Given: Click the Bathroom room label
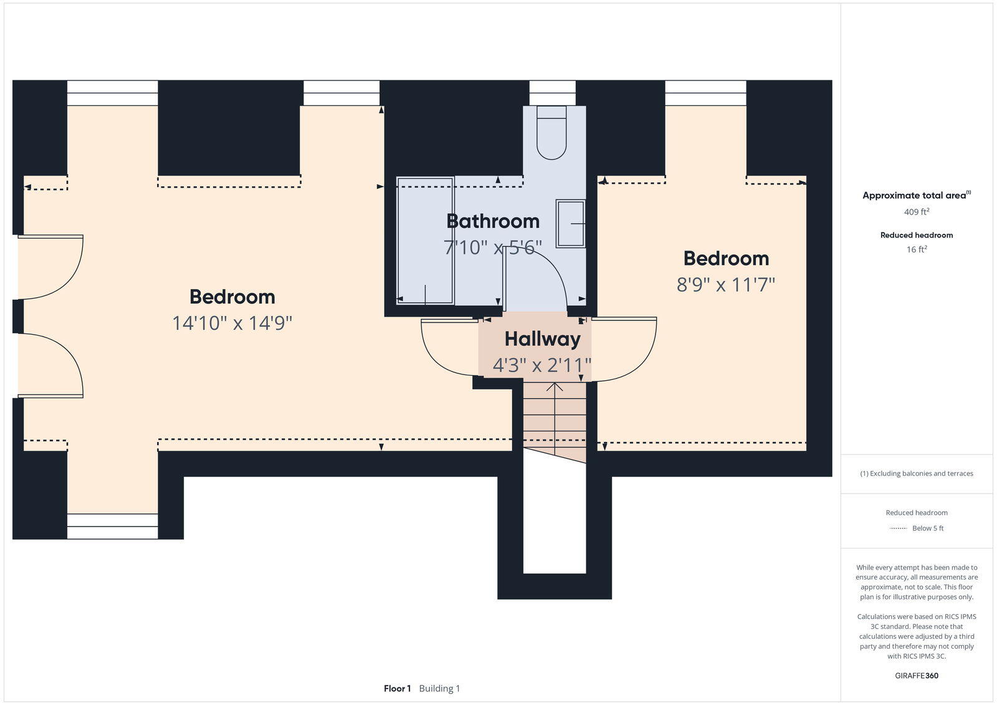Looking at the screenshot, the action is pyautogui.click(x=493, y=221).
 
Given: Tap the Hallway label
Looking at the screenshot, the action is pyautogui.click(x=542, y=339).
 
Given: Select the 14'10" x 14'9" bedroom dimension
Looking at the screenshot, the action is pyautogui.click(x=232, y=323).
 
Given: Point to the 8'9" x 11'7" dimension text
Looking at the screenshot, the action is pyautogui.click(x=726, y=285).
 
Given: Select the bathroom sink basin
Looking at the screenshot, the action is pyautogui.click(x=570, y=223).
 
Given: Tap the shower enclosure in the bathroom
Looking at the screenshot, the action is pyautogui.click(x=425, y=241).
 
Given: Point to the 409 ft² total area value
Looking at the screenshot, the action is pyautogui.click(x=917, y=212).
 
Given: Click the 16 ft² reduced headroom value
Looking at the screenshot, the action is pyautogui.click(x=917, y=249).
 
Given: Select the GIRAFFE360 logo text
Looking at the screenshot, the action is pyautogui.click(x=917, y=676).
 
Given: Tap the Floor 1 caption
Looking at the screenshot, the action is pyautogui.click(x=397, y=689).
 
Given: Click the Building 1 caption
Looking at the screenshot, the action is pyautogui.click(x=439, y=689).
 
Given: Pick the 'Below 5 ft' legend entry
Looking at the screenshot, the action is pyautogui.click(x=928, y=528).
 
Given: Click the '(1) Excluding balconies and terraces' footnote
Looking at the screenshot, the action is pyautogui.click(x=917, y=474).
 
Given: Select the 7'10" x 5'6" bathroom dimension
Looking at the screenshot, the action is pyautogui.click(x=493, y=247).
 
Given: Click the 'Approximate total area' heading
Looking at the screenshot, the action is pyautogui.click(x=914, y=196).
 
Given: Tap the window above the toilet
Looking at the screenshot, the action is pyautogui.click(x=552, y=93).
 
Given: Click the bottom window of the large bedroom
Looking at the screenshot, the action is pyautogui.click(x=112, y=526).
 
